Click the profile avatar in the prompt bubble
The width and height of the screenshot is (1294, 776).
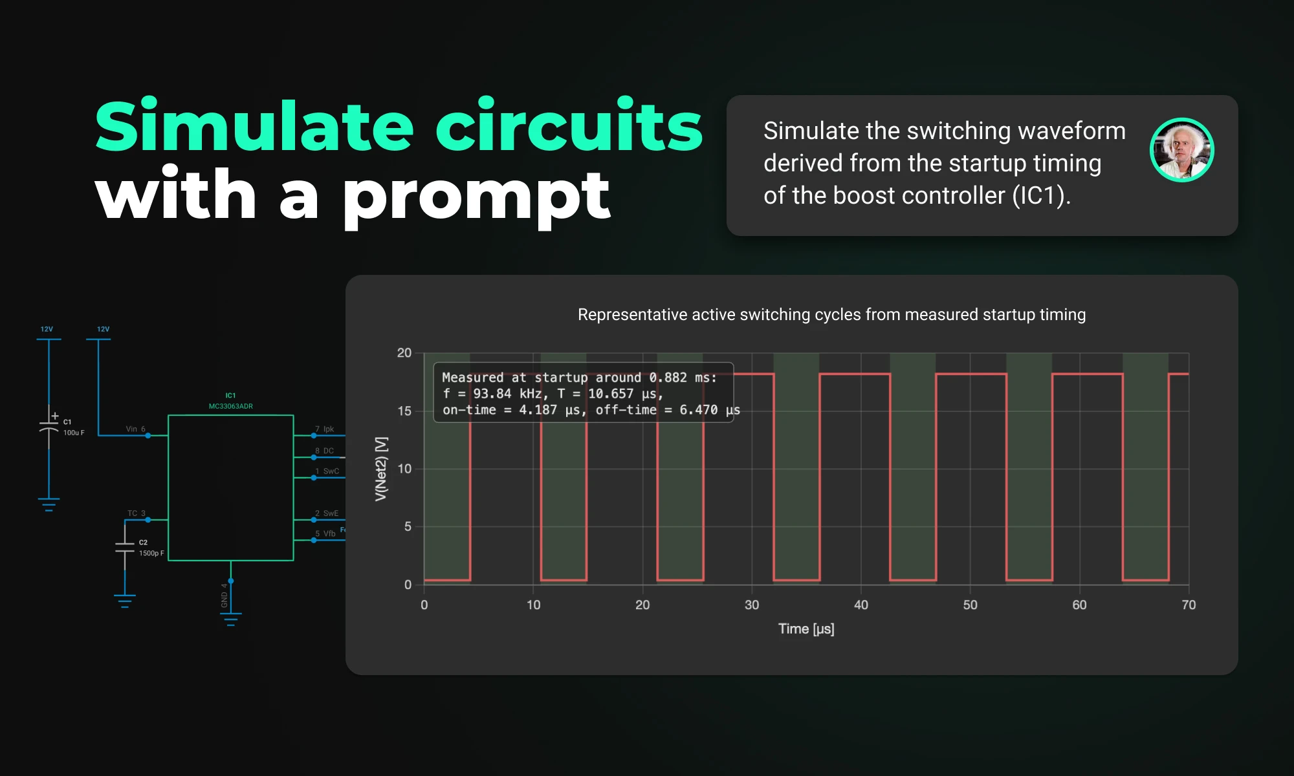click(x=1181, y=150)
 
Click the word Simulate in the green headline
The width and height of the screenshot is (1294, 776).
click(x=254, y=127)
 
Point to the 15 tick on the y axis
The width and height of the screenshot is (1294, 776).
click(x=404, y=411)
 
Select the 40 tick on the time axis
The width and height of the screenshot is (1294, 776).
click(x=861, y=605)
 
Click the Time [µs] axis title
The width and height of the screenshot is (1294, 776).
click(x=806, y=629)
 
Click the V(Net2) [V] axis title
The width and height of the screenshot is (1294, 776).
click(x=381, y=468)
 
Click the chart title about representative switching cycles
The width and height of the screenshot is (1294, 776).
click(x=831, y=315)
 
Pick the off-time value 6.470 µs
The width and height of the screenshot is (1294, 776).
click(x=709, y=410)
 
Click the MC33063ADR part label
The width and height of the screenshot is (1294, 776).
click(x=230, y=406)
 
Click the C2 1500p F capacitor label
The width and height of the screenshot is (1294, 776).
click(x=151, y=548)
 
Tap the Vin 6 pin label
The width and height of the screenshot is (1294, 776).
click(x=135, y=429)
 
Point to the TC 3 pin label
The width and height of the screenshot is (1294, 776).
click(x=136, y=513)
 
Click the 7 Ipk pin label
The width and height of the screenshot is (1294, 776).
click(x=324, y=429)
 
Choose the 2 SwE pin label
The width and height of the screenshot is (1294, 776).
click(x=327, y=513)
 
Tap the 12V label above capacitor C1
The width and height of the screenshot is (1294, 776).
click(x=47, y=329)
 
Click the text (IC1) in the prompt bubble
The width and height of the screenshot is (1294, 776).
click(x=1040, y=196)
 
